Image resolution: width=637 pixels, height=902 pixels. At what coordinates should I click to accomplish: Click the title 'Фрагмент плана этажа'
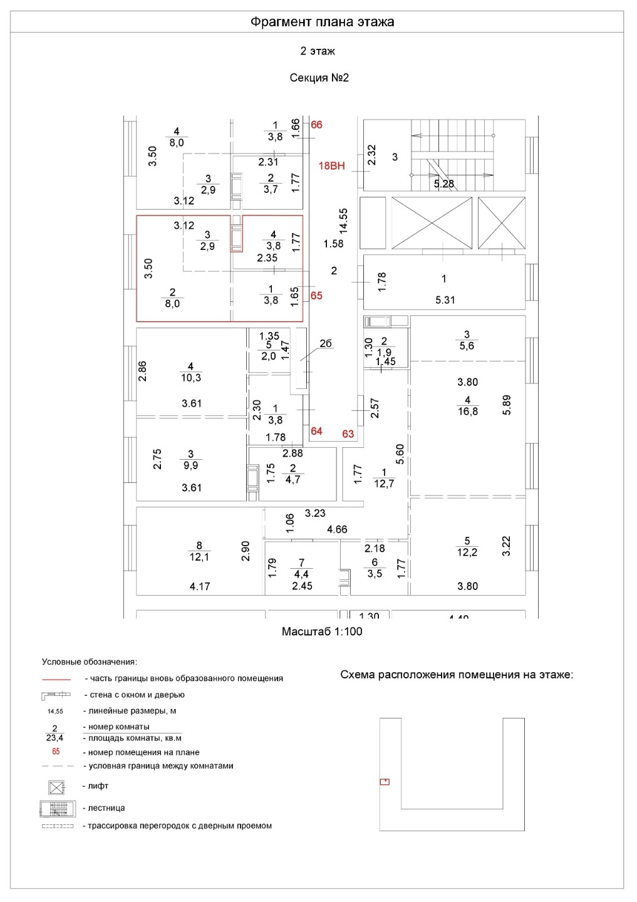(322, 22)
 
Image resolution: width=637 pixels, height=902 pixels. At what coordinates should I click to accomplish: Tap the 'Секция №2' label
(319, 78)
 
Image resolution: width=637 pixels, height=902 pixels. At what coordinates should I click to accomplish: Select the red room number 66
(316, 125)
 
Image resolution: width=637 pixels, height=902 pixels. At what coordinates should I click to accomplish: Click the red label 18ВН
(331, 166)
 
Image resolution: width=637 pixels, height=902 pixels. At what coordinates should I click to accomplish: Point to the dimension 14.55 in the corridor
(343, 220)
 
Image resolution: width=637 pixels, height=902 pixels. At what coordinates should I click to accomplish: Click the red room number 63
(348, 433)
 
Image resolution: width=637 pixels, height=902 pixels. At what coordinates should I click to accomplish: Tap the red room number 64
(316, 431)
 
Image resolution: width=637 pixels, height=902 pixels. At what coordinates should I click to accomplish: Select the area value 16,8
(468, 412)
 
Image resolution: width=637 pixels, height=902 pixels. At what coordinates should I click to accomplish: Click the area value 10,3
(191, 378)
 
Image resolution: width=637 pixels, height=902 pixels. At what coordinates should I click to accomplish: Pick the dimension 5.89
(507, 404)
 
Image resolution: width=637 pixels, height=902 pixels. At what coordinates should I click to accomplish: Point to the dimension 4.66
(337, 529)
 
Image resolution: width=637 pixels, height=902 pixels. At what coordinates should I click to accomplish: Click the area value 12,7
(384, 483)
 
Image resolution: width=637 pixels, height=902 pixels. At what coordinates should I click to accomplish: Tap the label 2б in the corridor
(326, 343)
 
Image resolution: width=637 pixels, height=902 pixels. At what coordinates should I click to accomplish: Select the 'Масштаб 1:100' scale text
(322, 632)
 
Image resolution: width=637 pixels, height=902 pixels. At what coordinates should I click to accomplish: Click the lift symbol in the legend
(57, 786)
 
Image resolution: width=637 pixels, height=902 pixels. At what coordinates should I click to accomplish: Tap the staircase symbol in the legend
(57, 808)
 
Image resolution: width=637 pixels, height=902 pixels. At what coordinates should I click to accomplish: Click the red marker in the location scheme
(385, 781)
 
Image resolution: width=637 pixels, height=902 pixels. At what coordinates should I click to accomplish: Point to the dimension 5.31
(445, 300)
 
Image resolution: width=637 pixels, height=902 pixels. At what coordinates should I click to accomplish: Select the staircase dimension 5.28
(443, 184)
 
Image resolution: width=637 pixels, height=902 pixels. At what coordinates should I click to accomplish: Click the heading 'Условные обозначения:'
(89, 661)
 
